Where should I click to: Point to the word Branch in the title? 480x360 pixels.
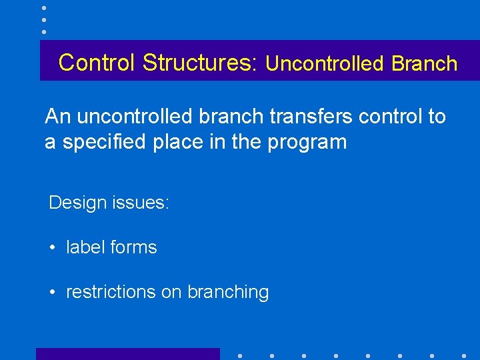coord(425,64)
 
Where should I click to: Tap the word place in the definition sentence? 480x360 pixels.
coord(174,143)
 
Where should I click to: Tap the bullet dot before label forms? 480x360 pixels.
coord(52,248)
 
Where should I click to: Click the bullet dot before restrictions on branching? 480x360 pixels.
coord(52,293)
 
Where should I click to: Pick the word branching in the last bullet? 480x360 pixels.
coord(228,293)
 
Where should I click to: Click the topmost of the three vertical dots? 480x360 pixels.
coord(43,8)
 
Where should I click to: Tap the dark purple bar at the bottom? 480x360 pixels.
coord(127,354)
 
